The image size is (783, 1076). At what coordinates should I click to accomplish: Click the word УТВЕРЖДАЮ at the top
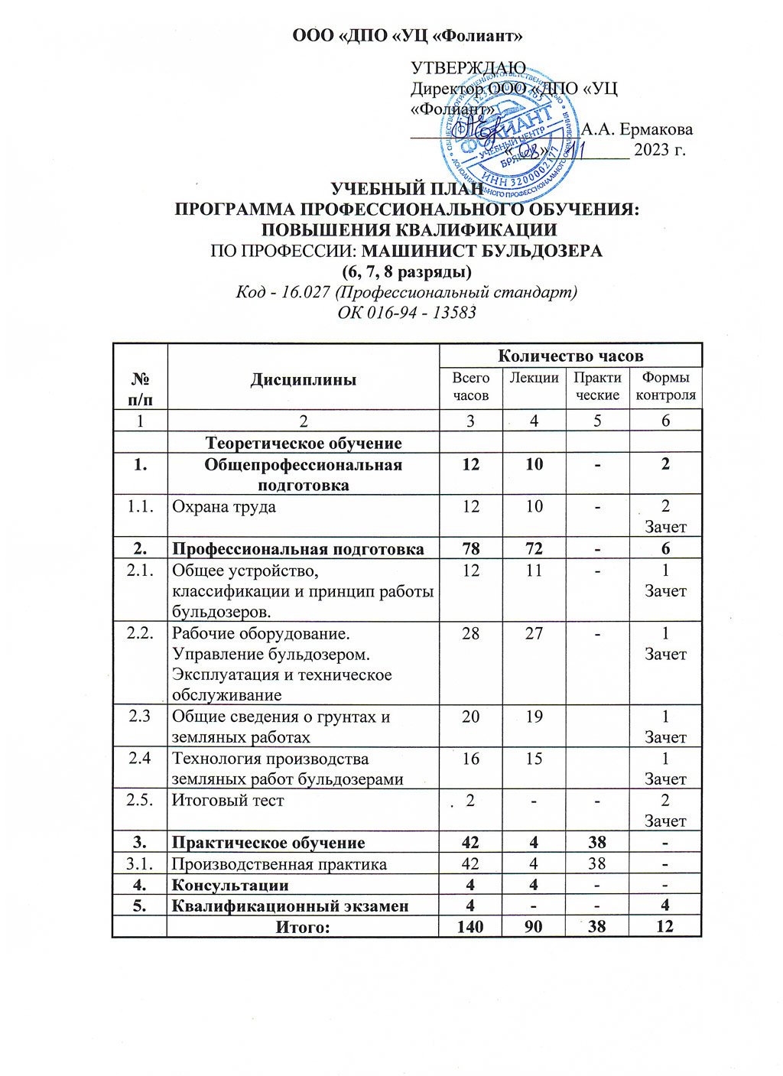tap(467, 69)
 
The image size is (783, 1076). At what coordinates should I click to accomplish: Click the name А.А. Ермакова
tap(638, 128)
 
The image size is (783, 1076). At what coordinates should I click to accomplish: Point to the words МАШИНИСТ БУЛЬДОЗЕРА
tap(482, 251)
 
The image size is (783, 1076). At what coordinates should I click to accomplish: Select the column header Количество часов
tap(570, 356)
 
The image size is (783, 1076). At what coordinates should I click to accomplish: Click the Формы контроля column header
tap(665, 386)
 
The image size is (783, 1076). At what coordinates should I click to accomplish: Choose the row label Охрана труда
tap(223, 506)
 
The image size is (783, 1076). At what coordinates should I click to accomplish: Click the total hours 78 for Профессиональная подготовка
tap(470, 548)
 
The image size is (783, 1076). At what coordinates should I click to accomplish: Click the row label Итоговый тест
tap(228, 801)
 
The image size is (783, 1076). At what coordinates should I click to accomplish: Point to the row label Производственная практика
tap(279, 864)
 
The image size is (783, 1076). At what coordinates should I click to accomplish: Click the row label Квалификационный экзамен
tap(290, 906)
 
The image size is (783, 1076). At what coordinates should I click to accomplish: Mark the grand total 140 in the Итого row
tap(470, 927)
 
